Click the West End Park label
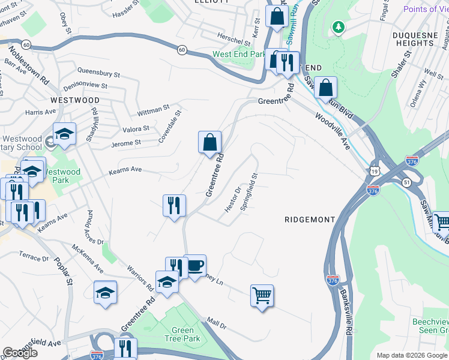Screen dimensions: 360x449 pyautogui.click(x=239, y=54)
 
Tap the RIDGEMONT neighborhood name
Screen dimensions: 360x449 pyautogui.click(x=309, y=220)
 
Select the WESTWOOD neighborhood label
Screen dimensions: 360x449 pyautogui.click(x=75, y=100)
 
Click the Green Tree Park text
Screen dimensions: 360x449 pyautogui.click(x=183, y=335)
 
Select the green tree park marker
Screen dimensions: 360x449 pyautogui.click(x=339, y=27)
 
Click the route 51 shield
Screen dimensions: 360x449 pyautogui.click(x=406, y=183)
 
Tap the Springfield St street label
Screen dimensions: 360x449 pyautogui.click(x=249, y=191)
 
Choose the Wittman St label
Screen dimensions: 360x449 pyautogui.click(x=154, y=110)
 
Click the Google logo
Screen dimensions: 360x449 pyautogui.click(x=20, y=352)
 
